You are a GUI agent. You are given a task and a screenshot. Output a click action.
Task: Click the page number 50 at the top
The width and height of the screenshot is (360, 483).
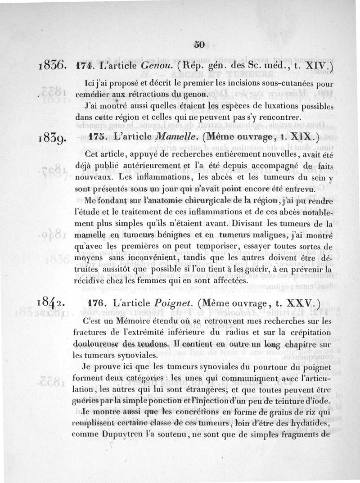pos(199,44)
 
